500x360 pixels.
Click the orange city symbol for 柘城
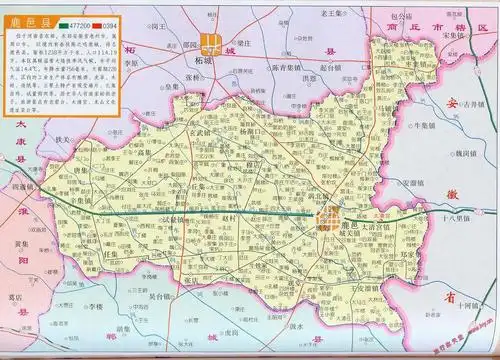212,43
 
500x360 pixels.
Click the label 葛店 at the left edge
11,296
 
